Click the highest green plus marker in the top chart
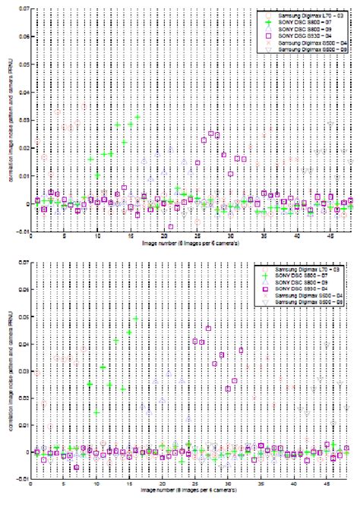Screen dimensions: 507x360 click(137, 118)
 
